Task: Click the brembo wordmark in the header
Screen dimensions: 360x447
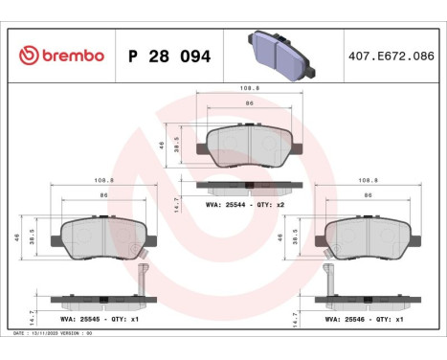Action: (x=68, y=56)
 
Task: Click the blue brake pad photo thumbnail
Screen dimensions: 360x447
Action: (x=280, y=54)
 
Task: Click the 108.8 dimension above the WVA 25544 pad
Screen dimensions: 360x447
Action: (x=246, y=87)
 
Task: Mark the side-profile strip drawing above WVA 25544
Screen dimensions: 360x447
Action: (x=246, y=185)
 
